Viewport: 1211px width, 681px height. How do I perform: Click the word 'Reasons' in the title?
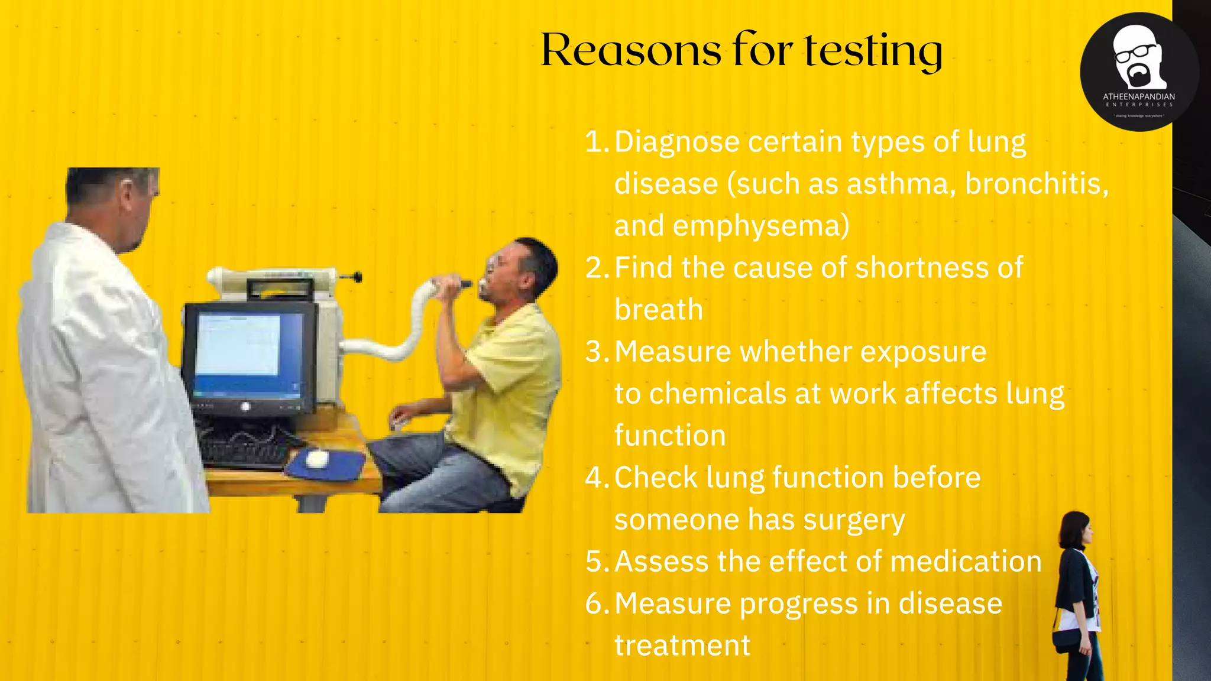coord(630,51)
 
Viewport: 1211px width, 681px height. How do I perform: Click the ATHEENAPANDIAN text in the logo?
coord(1139,96)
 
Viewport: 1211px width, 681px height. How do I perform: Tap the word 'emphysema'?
coord(760,226)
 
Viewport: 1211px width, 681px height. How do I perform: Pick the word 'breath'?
coord(659,310)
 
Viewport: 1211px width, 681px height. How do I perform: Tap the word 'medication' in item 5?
coord(965,562)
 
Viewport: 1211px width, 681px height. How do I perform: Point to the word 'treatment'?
coord(682,646)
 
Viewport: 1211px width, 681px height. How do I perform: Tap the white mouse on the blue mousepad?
coord(317,458)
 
